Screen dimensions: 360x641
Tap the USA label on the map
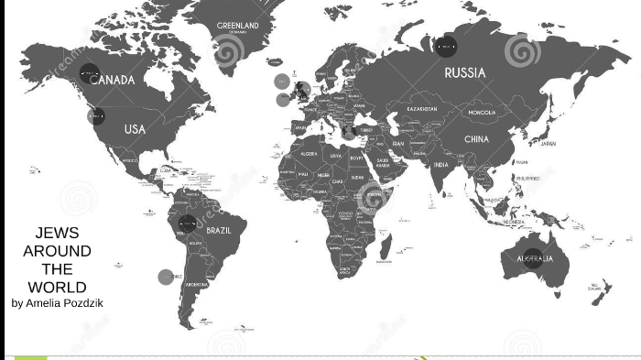click(135, 129)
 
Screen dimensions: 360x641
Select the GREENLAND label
click(238, 26)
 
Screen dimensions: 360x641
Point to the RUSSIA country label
click(465, 72)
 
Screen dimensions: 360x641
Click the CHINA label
click(476, 139)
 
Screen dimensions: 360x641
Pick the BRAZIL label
click(219, 230)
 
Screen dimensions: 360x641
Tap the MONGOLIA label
click(482, 113)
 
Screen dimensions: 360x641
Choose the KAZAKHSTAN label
click(422, 109)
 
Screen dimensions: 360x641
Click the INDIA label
click(441, 165)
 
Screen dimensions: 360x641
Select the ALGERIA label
click(309, 154)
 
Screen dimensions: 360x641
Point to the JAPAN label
click(548, 144)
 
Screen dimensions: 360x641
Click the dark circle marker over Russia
click(446, 44)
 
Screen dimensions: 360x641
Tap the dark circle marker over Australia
click(532, 258)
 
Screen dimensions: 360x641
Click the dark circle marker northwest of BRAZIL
click(188, 223)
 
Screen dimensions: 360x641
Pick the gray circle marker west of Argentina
click(166, 277)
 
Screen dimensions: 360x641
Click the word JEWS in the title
click(57, 233)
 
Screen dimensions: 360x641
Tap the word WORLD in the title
click(57, 287)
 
